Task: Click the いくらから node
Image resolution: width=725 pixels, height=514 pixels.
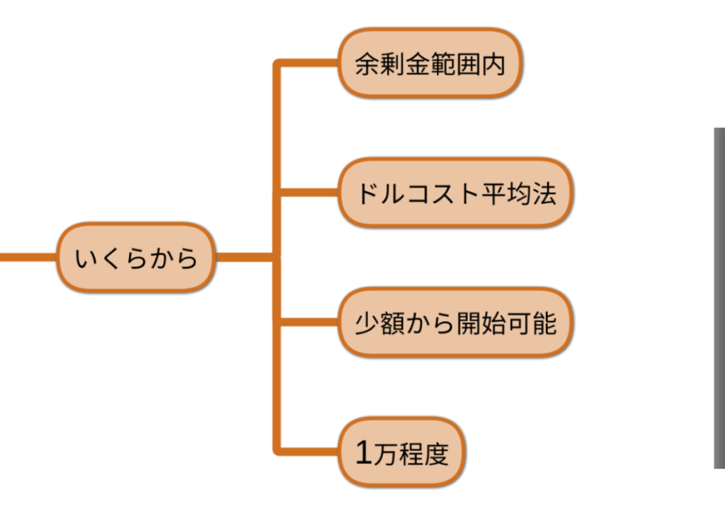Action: (135, 258)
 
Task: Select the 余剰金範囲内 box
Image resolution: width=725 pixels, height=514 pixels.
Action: (430, 64)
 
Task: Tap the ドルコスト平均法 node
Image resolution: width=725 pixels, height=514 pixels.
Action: (454, 193)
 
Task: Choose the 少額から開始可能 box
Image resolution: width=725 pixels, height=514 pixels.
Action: (454, 323)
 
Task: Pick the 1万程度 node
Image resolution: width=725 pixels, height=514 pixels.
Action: (401, 452)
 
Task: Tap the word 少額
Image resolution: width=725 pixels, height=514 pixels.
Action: (377, 324)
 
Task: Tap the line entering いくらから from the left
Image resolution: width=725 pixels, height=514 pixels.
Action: (28, 258)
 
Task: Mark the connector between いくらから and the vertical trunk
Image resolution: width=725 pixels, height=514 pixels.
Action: (244, 258)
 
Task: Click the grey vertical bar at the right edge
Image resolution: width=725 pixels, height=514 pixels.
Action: (719, 297)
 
